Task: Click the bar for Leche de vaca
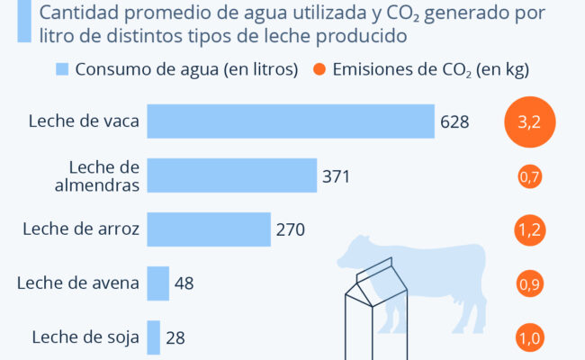[x=290, y=121]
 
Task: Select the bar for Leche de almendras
[x=231, y=176]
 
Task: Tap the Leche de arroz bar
[x=209, y=229]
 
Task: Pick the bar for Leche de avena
[x=157, y=283]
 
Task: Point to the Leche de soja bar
[x=154, y=337]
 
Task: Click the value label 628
[x=454, y=122]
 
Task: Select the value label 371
[x=336, y=176]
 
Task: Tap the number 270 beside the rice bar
[x=291, y=230]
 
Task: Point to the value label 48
[x=184, y=284]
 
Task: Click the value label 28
[x=175, y=338]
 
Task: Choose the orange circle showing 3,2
[x=529, y=121]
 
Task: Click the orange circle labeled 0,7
[x=529, y=176]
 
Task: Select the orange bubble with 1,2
[x=529, y=230]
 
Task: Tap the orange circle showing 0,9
[x=529, y=284]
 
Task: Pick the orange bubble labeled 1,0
[x=529, y=338]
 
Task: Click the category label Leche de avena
[x=78, y=284]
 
